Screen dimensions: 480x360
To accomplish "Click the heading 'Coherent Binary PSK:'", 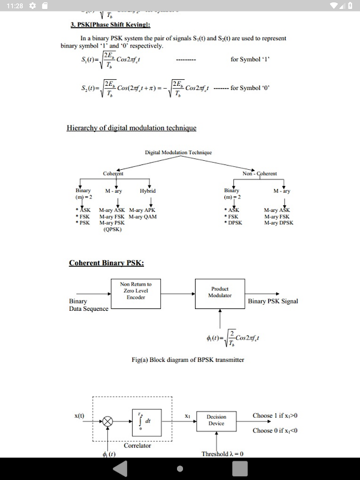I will pyautogui.click(x=106, y=263).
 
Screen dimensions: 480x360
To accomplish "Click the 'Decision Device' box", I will pyautogui.click(x=216, y=420).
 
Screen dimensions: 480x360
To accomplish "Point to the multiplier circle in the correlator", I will pyautogui.click(x=107, y=421).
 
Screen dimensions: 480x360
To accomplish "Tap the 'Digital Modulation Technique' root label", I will pyautogui.click(x=178, y=152).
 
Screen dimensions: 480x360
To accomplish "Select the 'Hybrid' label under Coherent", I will pyautogui.click(x=148, y=191).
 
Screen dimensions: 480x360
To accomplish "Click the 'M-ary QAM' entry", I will pyautogui.click(x=143, y=217).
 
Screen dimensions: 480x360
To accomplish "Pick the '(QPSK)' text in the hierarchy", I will pyautogui.click(x=112, y=229).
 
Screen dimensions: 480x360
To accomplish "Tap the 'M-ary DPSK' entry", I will pyautogui.click(x=279, y=223).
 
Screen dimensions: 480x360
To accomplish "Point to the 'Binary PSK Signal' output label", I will pyautogui.click(x=273, y=301).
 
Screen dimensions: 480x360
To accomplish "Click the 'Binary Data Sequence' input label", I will pyautogui.click(x=89, y=305).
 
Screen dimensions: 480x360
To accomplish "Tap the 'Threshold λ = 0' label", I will pyautogui.click(x=223, y=454).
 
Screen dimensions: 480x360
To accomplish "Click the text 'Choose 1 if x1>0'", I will pyautogui.click(x=275, y=415).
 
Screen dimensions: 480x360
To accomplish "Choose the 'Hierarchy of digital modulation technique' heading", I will pyautogui.click(x=131, y=128).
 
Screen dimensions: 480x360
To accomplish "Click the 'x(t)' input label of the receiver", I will pyautogui.click(x=79, y=415).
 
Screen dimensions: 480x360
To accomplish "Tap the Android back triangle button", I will pyautogui.click(x=121, y=468).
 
